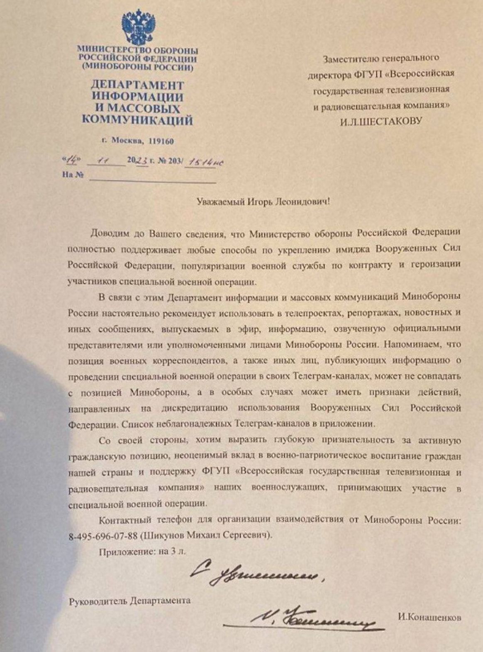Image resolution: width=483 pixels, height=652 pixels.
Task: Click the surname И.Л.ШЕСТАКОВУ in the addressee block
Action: pyautogui.click(x=381, y=121)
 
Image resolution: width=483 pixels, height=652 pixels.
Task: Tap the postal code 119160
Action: pyautogui.click(x=160, y=141)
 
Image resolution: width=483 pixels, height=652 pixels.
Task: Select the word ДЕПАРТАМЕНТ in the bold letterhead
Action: pyautogui.click(x=137, y=85)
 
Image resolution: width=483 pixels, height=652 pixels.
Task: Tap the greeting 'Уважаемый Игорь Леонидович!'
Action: pyautogui.click(x=264, y=202)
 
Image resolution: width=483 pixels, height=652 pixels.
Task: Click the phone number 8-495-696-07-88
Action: pyautogui.click(x=102, y=536)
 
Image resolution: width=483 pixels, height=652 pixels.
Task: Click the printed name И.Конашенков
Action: pyautogui.click(x=429, y=618)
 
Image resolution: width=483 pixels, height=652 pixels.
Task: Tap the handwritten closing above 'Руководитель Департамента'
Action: pyautogui.click(x=257, y=575)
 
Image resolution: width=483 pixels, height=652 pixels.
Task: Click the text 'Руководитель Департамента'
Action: pyautogui.click(x=129, y=600)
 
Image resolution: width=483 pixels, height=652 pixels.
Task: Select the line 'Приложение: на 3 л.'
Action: pyautogui.click(x=142, y=552)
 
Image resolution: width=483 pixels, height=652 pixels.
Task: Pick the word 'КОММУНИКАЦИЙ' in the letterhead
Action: pyautogui.click(x=137, y=121)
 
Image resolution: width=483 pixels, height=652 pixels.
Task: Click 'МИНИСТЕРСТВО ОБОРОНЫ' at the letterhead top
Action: pyautogui.click(x=137, y=50)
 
